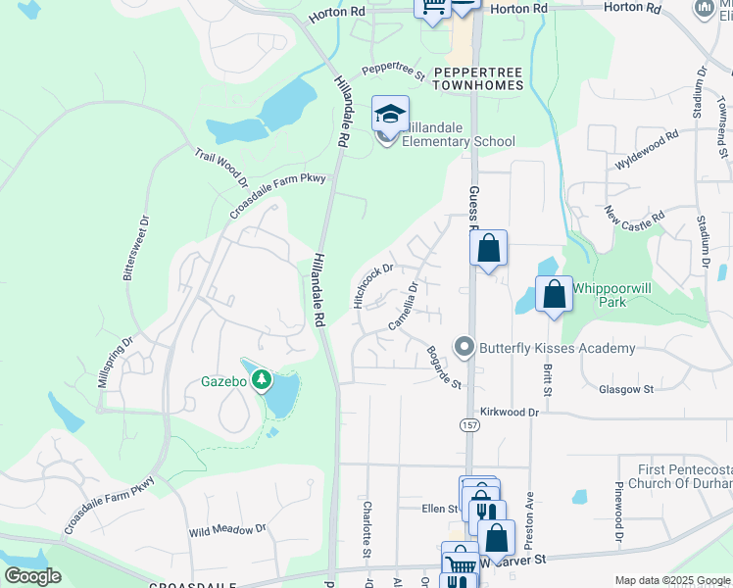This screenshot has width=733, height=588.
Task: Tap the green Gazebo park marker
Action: (262, 379)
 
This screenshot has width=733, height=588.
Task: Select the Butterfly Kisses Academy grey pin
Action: (464, 347)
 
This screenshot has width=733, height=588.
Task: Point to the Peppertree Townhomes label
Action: (478, 79)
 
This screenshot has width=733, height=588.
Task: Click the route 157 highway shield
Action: (468, 423)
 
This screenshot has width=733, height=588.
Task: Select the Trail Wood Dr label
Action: (220, 169)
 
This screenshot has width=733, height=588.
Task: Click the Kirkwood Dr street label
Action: (510, 413)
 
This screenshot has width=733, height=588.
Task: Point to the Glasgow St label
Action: (625, 389)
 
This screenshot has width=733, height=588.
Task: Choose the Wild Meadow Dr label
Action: (227, 530)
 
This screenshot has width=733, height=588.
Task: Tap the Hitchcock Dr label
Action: (373, 283)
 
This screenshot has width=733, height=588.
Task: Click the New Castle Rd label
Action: (634, 214)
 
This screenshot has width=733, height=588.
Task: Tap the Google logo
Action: (32, 576)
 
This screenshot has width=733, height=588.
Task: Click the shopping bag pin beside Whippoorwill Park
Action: (554, 294)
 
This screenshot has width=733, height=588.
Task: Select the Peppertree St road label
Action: (393, 72)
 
